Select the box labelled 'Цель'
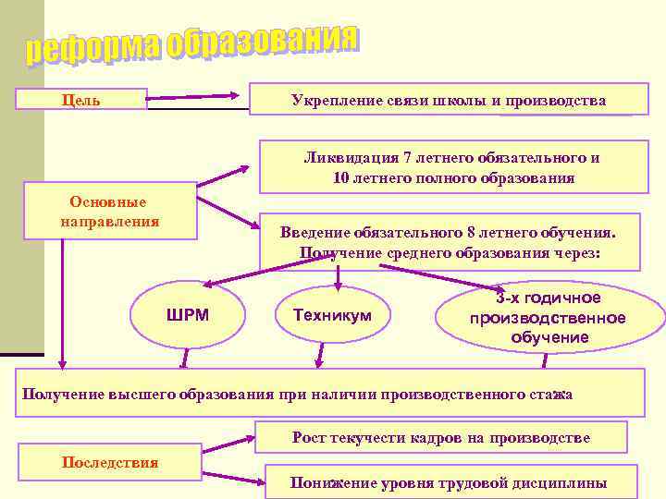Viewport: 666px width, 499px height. coord(82,99)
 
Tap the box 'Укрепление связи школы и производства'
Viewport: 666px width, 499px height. coord(449,100)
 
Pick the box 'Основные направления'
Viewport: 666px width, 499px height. coord(110,213)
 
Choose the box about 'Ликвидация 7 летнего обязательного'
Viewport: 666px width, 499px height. coord(451,167)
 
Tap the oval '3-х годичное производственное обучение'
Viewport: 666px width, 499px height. coord(548,318)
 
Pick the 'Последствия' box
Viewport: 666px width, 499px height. coord(110,462)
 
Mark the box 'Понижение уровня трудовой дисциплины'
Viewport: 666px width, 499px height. coord(449,482)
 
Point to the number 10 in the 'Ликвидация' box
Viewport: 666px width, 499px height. coord(340,178)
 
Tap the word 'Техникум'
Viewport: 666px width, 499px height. coord(332,316)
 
